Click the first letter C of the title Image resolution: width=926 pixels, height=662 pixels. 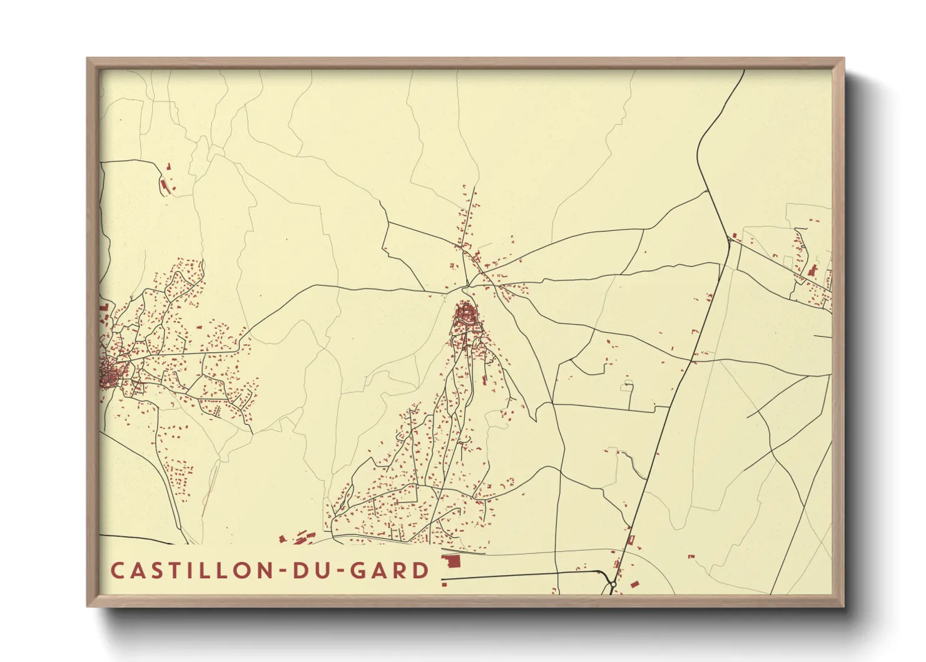117,571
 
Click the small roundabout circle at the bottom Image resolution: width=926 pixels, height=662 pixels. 613,584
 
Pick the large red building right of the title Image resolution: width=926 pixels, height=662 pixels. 450,561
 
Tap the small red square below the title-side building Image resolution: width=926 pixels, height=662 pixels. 444,584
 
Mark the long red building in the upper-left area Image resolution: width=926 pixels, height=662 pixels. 166,186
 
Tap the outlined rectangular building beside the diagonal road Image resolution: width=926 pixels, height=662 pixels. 631,539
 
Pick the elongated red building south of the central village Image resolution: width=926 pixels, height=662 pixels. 484,379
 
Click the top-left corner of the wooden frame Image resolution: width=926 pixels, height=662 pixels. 88,59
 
